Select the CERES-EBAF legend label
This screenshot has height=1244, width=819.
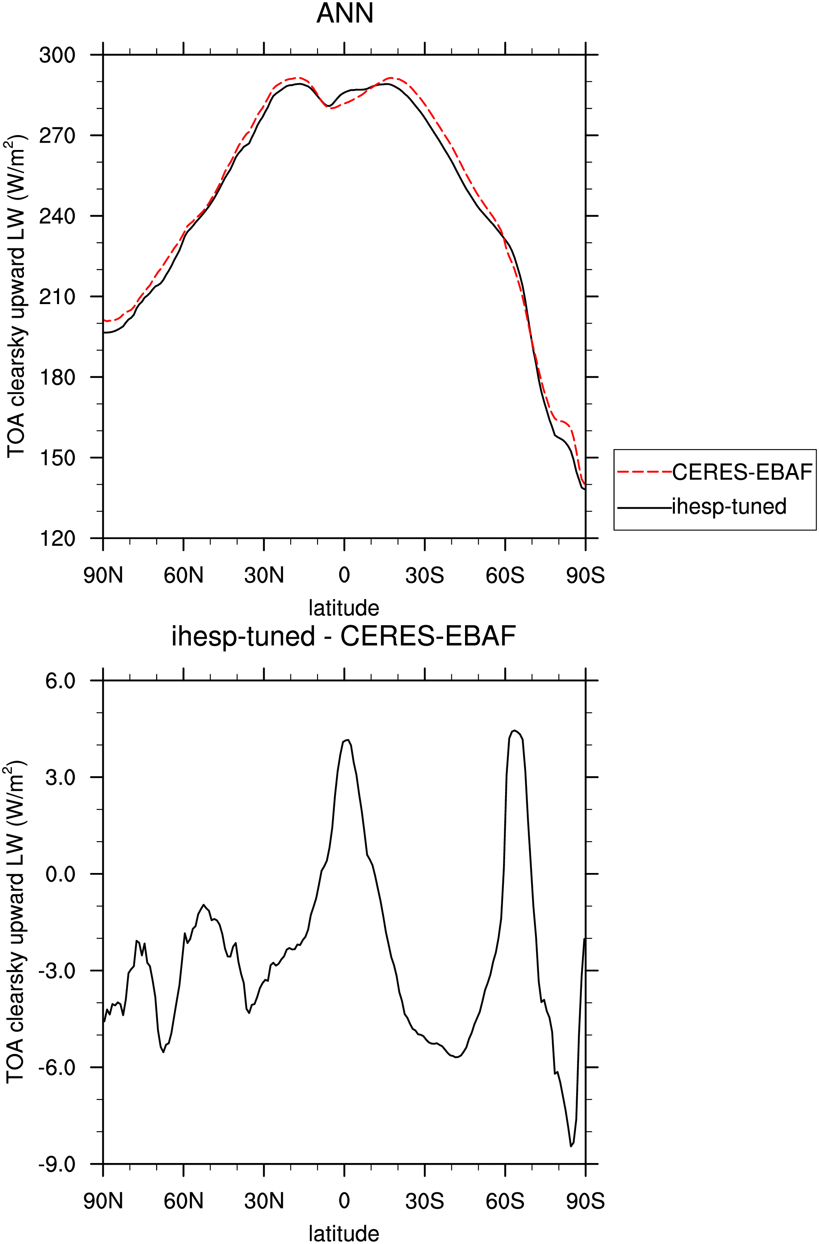pyautogui.click(x=742, y=472)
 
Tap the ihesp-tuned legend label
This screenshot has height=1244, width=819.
pyautogui.click(x=729, y=506)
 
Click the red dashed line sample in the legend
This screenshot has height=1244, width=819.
pyautogui.click(x=644, y=472)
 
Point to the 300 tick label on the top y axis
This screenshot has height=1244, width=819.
pyautogui.click(x=57, y=55)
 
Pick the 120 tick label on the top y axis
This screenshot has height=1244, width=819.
pyautogui.click(x=57, y=539)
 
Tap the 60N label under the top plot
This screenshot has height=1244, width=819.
pyautogui.click(x=183, y=576)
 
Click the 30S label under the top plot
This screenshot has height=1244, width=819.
pyautogui.click(x=425, y=576)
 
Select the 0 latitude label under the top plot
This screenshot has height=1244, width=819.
pyautogui.click(x=344, y=576)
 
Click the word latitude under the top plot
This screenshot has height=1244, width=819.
pyautogui.click(x=344, y=608)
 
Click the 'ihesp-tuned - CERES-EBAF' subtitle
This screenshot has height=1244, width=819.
pyautogui.click(x=344, y=637)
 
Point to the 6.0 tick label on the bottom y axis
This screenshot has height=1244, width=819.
pyautogui.click(x=61, y=681)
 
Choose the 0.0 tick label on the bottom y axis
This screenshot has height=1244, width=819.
pyautogui.click(x=61, y=874)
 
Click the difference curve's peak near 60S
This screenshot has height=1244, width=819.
pyautogui.click(x=515, y=731)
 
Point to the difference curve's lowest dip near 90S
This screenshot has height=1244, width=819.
pyautogui.click(x=571, y=1146)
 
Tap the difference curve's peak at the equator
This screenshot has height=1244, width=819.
pyautogui.click(x=348, y=740)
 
